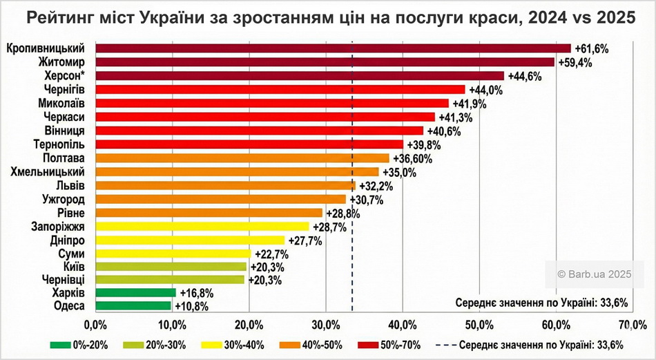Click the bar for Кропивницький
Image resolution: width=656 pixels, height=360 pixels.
point(333,48)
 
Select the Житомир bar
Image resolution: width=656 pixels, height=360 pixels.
point(325,62)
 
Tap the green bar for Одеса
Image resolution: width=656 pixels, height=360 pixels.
point(133,305)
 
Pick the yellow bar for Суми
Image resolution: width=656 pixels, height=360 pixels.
point(173,254)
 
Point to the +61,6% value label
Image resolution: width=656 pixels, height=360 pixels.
point(591,48)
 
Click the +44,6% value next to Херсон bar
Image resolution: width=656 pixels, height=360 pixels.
point(524,76)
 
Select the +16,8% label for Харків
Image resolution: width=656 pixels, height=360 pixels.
point(195,293)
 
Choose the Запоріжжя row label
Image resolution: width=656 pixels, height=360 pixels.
point(58,226)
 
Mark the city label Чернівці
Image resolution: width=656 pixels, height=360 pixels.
point(62,280)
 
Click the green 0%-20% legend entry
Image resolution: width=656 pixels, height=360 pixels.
point(80,345)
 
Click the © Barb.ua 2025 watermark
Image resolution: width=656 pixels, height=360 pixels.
point(595,274)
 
